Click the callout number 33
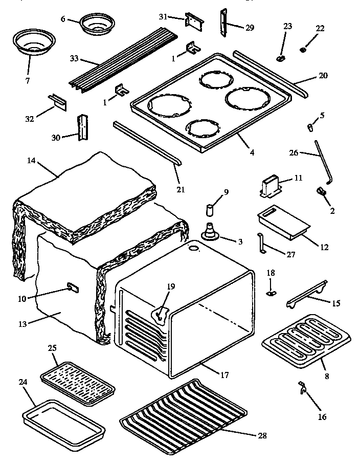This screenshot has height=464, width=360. (x=74, y=58)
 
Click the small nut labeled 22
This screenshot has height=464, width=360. (x=303, y=50)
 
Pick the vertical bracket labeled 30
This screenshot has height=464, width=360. (x=81, y=127)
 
